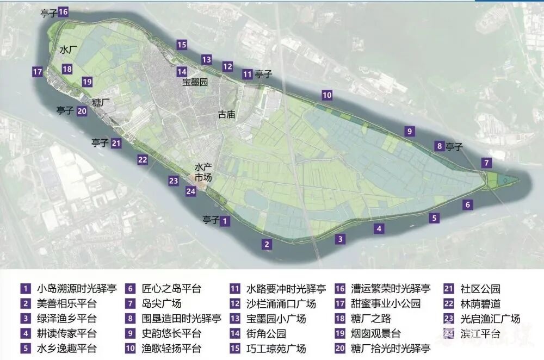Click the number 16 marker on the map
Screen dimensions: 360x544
[x=63, y=11]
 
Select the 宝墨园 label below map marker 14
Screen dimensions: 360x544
[x=195, y=83]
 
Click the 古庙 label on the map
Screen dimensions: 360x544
[x=226, y=115]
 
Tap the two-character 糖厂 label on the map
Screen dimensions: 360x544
[x=101, y=102]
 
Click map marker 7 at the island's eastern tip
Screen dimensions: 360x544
[x=487, y=163]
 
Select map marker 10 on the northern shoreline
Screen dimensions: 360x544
[x=326, y=95]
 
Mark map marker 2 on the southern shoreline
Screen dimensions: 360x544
[x=267, y=244]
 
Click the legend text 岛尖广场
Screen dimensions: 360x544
[x=162, y=303]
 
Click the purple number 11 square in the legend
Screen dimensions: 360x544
[x=235, y=289]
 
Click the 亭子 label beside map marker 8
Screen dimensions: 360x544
[x=454, y=146]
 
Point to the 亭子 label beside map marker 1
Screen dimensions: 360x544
[x=210, y=220]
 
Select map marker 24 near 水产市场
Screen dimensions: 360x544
[x=190, y=191]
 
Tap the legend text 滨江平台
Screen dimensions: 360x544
[x=480, y=333]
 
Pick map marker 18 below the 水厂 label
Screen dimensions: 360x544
[x=67, y=69]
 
